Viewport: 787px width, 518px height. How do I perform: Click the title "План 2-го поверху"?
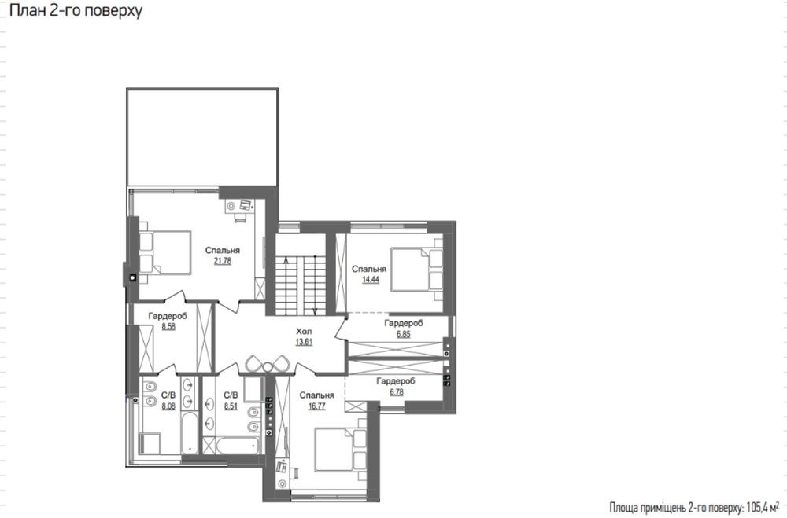point(76,10)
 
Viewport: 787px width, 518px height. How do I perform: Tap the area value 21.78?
point(223,261)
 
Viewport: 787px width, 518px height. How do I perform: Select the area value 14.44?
point(371,280)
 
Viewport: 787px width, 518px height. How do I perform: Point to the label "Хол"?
point(304,332)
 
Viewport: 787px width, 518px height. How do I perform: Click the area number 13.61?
point(304,342)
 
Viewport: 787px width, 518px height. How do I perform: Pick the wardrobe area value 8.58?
point(168,326)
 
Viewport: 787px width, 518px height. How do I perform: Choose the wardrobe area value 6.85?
point(403,334)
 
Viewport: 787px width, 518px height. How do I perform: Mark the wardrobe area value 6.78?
point(396,391)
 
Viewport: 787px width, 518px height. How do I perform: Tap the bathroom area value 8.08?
point(168,406)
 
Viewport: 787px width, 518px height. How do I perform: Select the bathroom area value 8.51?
point(231,406)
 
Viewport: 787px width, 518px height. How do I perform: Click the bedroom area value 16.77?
point(316,406)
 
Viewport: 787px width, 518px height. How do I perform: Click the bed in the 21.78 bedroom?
point(165,252)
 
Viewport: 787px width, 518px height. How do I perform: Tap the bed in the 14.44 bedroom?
point(417,269)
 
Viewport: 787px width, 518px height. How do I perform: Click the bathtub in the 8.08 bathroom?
point(189,433)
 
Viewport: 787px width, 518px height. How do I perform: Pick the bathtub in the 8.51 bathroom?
point(238,445)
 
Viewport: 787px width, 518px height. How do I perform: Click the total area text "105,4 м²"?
point(763,508)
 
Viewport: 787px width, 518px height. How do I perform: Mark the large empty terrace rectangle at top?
point(202,138)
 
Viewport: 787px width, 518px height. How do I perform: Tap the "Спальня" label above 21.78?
point(223,250)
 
